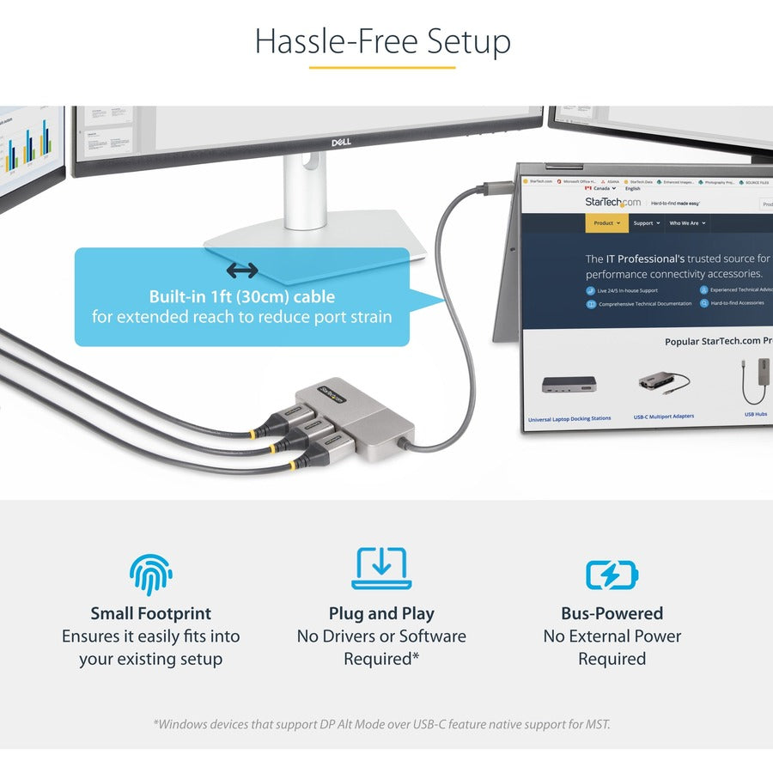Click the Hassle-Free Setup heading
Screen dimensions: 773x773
tap(382, 41)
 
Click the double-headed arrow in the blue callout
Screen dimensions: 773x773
tap(242, 271)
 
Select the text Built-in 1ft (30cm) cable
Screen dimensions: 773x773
tap(241, 297)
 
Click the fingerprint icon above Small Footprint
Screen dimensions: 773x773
tap(151, 575)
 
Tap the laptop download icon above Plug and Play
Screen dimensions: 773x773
tap(381, 569)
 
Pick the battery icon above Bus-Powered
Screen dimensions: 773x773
tap(612, 574)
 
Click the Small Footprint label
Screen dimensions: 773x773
tap(151, 613)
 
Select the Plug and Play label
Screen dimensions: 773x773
tap(381, 613)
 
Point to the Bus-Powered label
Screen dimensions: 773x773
tap(612, 613)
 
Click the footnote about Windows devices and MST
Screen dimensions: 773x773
tap(381, 724)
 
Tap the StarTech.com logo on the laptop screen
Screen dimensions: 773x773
tap(612, 203)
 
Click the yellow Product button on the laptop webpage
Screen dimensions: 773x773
tap(606, 223)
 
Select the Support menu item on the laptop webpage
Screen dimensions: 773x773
tap(646, 223)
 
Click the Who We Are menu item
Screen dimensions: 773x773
tap(687, 223)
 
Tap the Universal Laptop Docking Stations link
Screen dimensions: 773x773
tap(569, 418)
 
